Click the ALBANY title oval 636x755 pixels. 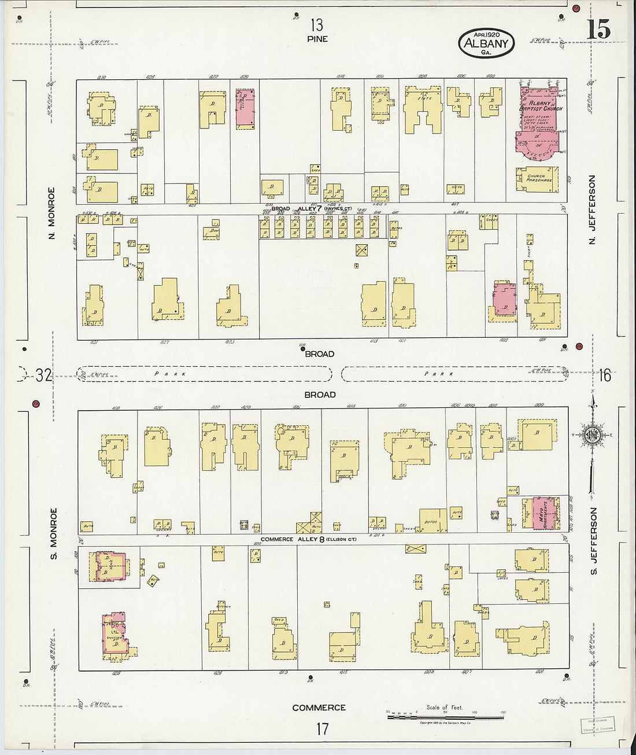486,43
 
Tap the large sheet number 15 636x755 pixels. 598,30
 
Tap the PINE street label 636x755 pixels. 317,39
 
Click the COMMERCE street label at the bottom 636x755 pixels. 319,708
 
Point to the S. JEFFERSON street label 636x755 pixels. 593,541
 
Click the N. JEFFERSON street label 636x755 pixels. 592,209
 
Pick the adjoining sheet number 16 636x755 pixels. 604,375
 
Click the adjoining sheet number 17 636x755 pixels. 322,728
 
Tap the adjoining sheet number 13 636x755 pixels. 316,25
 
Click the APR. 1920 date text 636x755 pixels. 486,35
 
